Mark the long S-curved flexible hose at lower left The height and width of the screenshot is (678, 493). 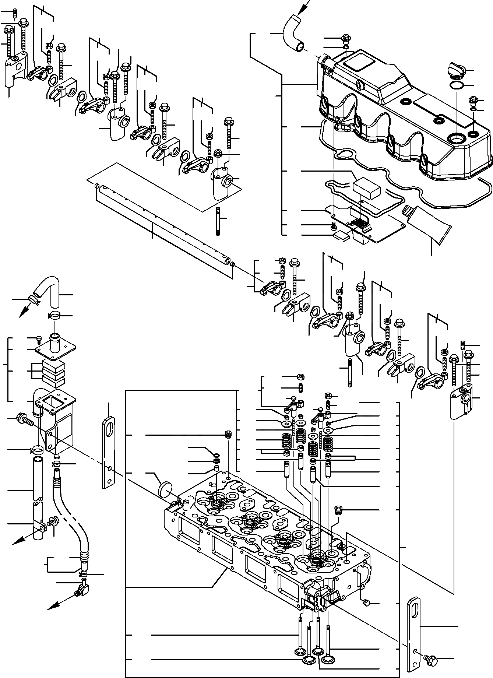pyautogui.click(x=70, y=523)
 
